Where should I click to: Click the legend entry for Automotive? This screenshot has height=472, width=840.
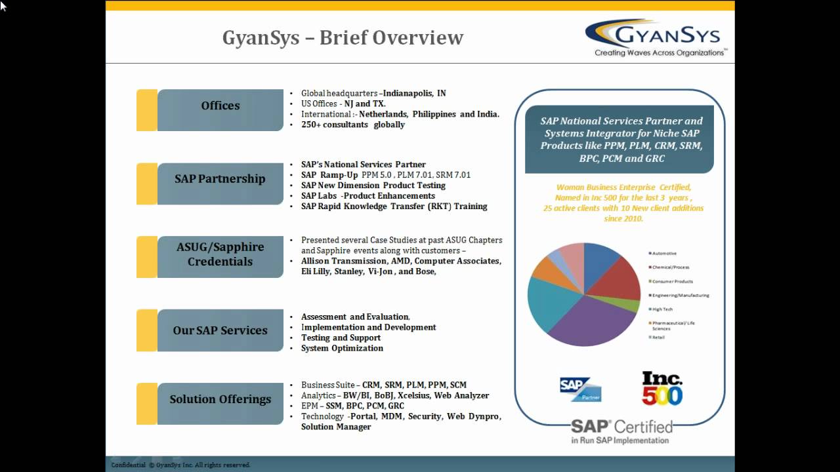pyautogui.click(x=664, y=253)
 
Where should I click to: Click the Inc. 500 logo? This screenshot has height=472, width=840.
pyautogui.click(x=661, y=388)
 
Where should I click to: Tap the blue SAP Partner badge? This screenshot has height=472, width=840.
pyautogui.click(x=580, y=389)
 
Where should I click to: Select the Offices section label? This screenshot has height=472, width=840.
pyautogui.click(x=220, y=106)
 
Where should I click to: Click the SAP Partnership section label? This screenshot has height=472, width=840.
pyautogui.click(x=220, y=179)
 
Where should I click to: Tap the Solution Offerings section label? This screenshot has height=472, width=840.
pyautogui.click(x=220, y=399)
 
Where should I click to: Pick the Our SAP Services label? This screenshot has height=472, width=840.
pyautogui.click(x=220, y=330)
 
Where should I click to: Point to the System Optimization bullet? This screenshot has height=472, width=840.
pyautogui.click(x=342, y=348)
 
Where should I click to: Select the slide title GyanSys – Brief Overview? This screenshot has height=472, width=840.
pyautogui.click(x=343, y=37)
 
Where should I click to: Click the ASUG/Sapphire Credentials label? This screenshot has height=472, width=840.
pyautogui.click(x=220, y=254)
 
